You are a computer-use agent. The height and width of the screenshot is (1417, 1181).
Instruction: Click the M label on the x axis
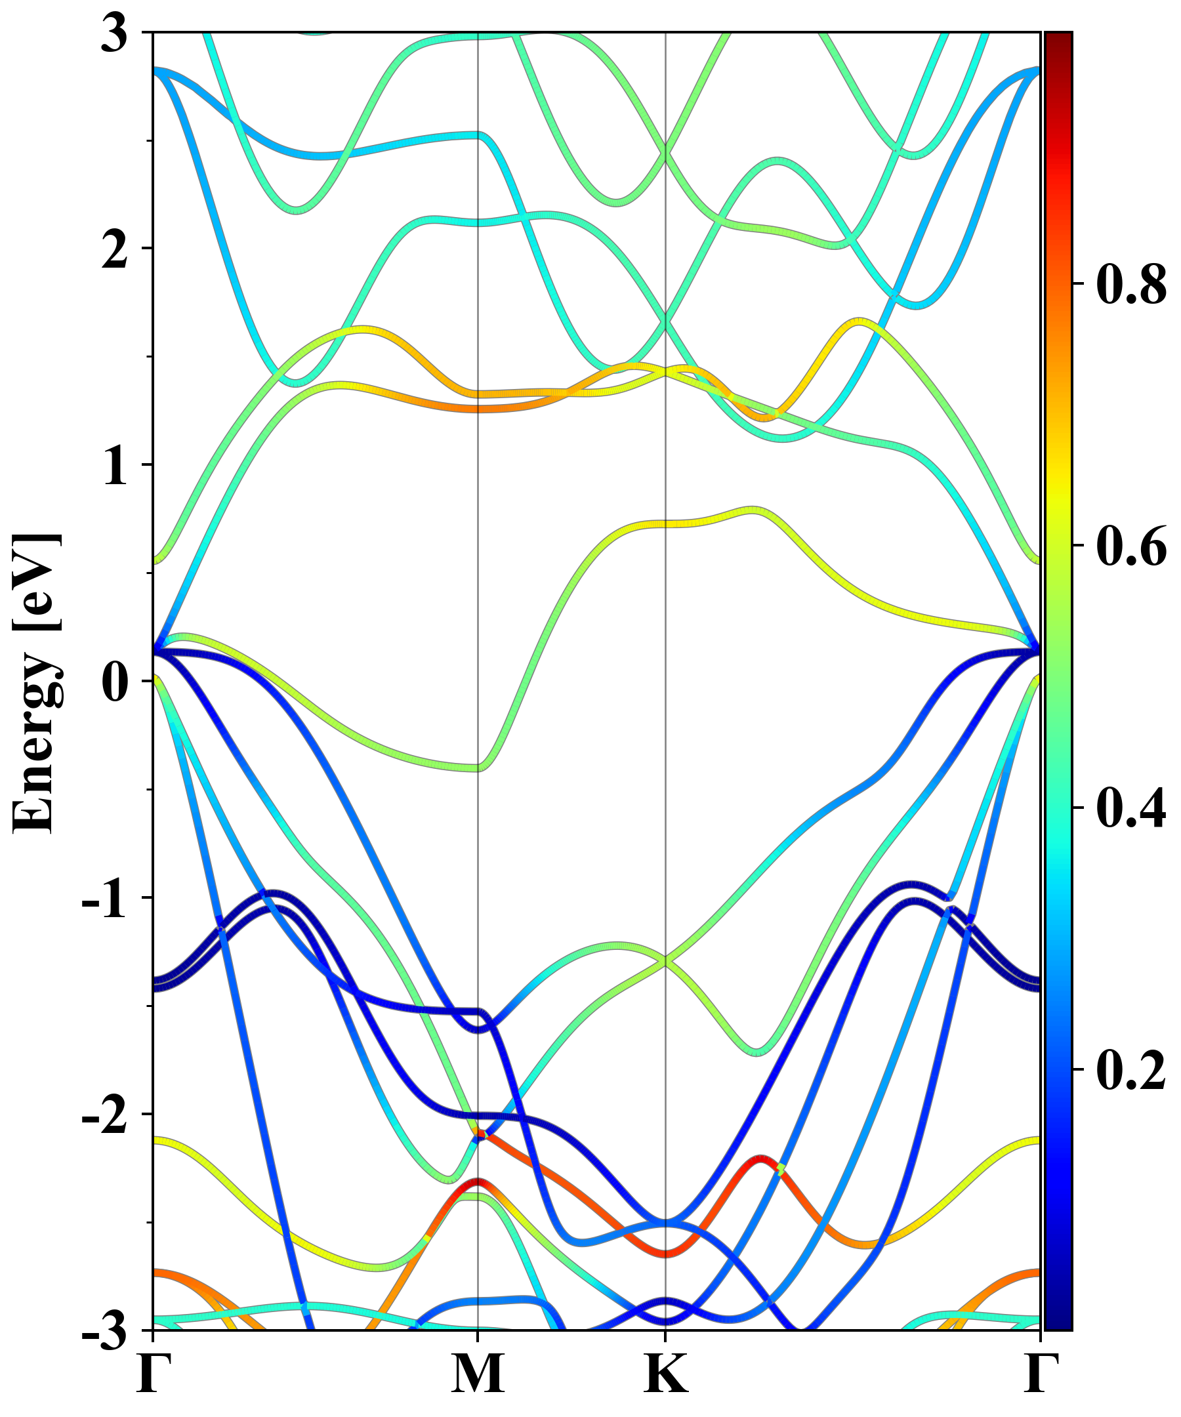click(x=478, y=1374)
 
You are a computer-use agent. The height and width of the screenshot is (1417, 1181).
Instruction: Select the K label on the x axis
click(x=666, y=1374)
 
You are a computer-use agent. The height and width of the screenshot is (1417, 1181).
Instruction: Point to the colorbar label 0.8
click(x=1131, y=284)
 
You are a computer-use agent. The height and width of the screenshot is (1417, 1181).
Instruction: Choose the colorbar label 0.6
click(x=1131, y=546)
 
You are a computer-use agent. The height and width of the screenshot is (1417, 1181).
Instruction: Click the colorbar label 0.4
click(x=1131, y=808)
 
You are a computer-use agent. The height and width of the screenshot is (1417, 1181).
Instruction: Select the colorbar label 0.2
click(x=1131, y=1069)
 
